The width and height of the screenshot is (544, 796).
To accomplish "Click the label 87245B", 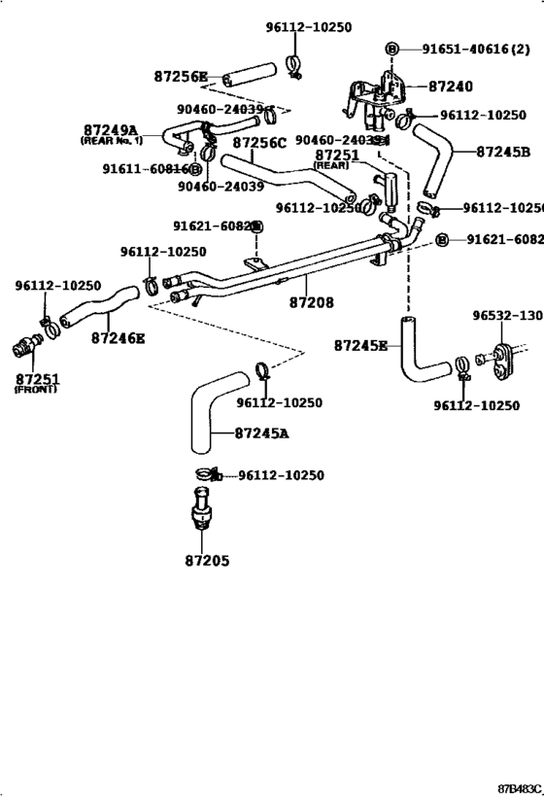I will pos(502,152).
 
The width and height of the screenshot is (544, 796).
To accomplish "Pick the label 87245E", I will pos(360,345).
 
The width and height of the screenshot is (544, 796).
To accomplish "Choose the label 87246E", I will pos(119,338).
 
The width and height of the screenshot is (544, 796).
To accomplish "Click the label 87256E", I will pos(182,75).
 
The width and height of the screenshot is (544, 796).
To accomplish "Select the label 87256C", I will pos(259,143).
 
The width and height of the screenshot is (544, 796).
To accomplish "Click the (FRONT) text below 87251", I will pos(36,390).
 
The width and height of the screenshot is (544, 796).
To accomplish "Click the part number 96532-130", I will pos(507,316).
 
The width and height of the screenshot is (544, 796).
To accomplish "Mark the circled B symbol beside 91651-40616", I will pos(392,49).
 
